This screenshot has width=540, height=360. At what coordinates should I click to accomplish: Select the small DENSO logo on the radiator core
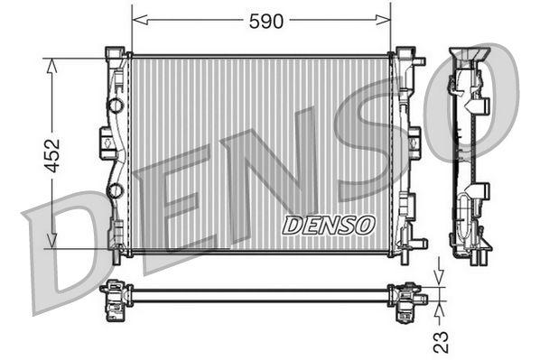[x=326, y=225]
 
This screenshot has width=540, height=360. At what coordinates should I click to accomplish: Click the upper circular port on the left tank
[x=115, y=106]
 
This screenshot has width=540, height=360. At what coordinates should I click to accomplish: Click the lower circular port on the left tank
[x=115, y=190]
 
